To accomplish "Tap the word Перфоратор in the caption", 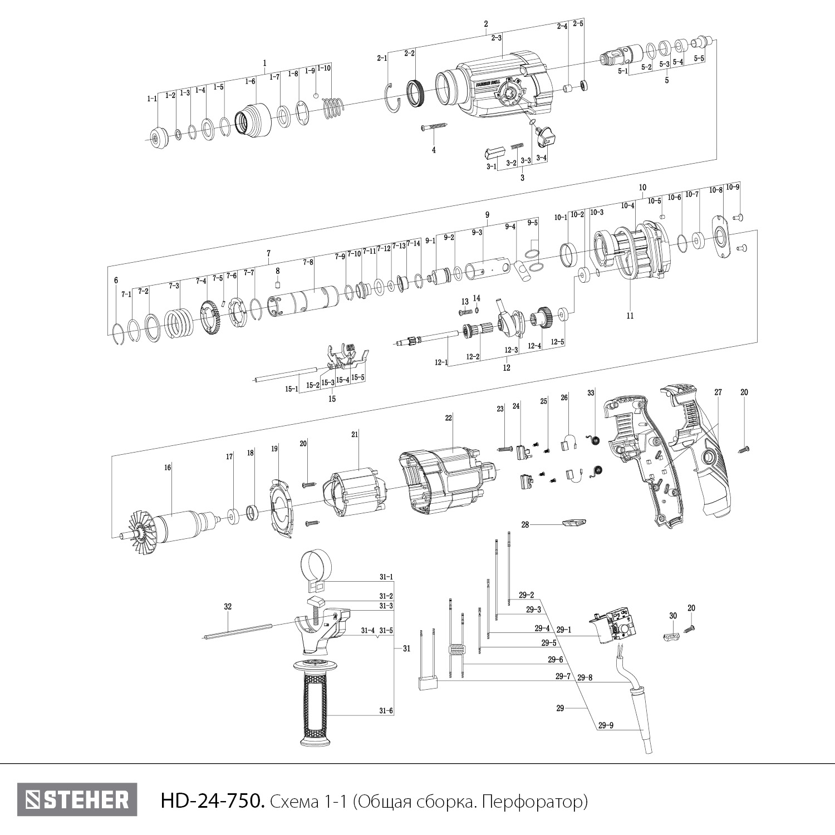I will coord(534,801).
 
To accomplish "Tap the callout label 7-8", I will coord(308,262).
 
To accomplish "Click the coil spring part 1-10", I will coord(333,107).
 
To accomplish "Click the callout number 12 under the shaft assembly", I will coord(507,367).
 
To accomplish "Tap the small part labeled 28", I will coord(573,523).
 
